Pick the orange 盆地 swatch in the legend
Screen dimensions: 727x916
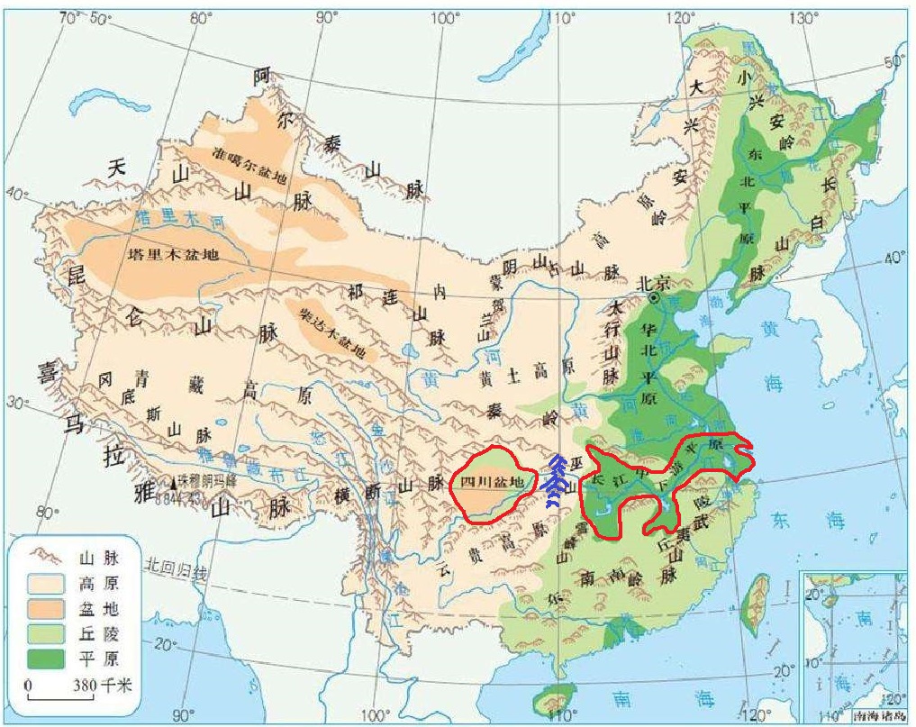tap(45, 608)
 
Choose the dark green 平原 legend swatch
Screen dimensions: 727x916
tap(45, 659)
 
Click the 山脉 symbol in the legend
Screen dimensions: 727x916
tap(45, 558)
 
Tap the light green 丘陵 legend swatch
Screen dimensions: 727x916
tap(45, 633)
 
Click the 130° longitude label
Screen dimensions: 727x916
tap(803, 18)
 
